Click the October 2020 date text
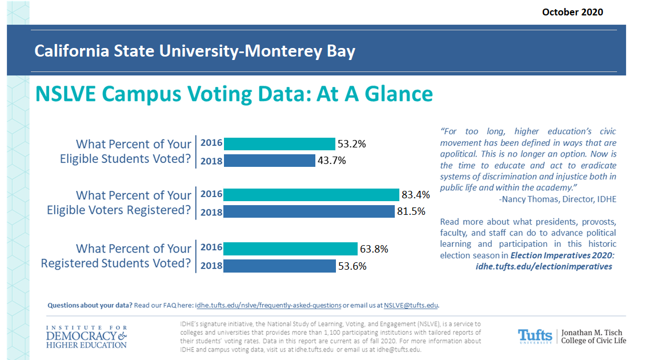(x=572, y=12)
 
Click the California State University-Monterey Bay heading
(x=195, y=51)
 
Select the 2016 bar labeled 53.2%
(x=279, y=144)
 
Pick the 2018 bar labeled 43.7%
(x=269, y=161)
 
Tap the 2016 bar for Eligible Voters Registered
(x=311, y=195)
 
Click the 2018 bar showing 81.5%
(x=309, y=211)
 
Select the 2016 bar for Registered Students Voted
(x=290, y=249)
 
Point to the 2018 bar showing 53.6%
(x=279, y=266)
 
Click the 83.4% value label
(x=415, y=195)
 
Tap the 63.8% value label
(x=374, y=249)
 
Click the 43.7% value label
(x=332, y=161)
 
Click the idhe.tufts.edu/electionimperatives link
(x=544, y=266)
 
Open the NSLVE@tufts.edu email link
(x=411, y=305)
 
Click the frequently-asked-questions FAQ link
(x=268, y=305)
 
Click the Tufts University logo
(x=535, y=335)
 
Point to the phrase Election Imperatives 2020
(x=562, y=255)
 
